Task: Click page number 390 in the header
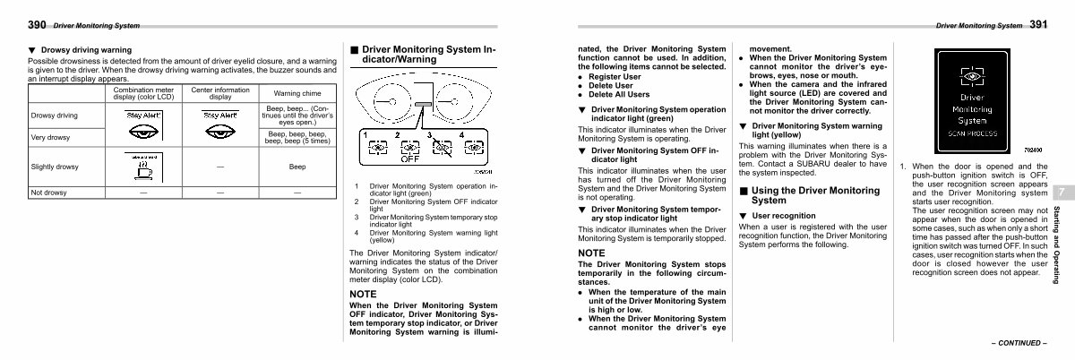(x=37, y=25)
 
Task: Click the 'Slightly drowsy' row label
(x=54, y=167)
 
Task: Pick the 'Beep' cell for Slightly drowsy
(x=297, y=167)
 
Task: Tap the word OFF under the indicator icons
(x=409, y=161)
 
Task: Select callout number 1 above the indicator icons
(x=366, y=134)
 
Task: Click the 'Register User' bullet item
(x=613, y=77)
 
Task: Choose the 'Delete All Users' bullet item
(x=619, y=94)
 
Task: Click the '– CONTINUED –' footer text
(x=1018, y=342)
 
